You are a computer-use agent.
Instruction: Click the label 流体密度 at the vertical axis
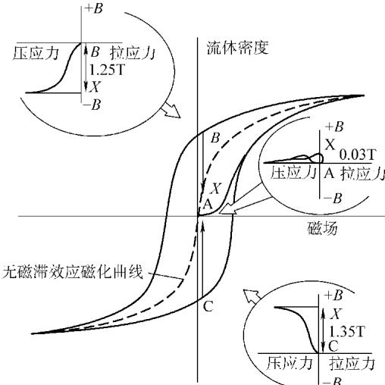click(x=237, y=48)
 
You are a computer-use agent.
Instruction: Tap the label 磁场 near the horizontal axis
click(x=322, y=229)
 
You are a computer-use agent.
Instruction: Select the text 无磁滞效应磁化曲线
click(x=73, y=272)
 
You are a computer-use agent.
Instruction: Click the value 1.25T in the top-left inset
click(x=107, y=70)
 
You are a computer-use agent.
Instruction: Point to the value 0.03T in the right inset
click(x=358, y=155)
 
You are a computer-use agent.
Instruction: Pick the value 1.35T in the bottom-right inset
click(x=347, y=331)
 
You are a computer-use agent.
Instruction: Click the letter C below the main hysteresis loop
click(x=208, y=306)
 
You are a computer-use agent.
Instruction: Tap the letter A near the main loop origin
click(x=208, y=204)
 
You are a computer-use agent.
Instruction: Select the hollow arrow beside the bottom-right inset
click(x=252, y=296)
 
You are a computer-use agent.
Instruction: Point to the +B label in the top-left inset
click(x=94, y=8)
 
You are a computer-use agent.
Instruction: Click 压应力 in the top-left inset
click(x=36, y=53)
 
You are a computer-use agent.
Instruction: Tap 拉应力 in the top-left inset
click(x=132, y=53)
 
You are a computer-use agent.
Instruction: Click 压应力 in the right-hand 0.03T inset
click(x=293, y=173)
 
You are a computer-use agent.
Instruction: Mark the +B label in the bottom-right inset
click(x=334, y=296)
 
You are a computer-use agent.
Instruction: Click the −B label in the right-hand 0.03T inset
click(x=333, y=199)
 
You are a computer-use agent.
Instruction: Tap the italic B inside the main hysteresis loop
click(x=215, y=138)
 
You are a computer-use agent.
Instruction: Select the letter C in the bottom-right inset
click(x=333, y=346)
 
